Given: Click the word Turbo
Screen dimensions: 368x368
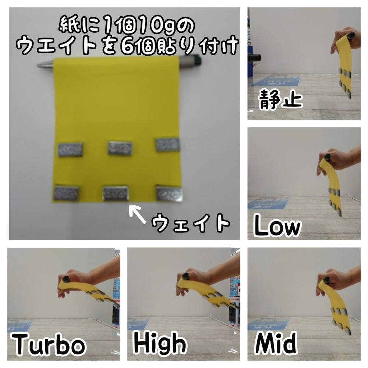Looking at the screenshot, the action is pos(49,344).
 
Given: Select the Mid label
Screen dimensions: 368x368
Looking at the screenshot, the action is pos(276,343).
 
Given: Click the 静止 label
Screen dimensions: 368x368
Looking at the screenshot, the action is pos(280,99).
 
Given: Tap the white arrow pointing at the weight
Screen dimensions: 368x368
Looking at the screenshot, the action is pos(138,213).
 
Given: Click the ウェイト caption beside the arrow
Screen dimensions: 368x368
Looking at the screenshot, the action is pos(190,223).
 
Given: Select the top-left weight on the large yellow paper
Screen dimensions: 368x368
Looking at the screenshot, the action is pos(70,149).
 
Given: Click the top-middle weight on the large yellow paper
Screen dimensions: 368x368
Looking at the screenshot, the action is pos(120,148).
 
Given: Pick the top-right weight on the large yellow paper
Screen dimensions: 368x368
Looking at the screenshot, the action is pos(168,145).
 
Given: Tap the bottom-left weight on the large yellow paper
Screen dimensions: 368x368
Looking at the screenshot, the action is pos(66,193).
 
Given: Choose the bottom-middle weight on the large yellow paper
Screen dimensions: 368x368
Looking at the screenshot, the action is pos(116,193).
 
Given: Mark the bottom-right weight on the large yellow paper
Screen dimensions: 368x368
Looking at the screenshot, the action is pos(169,194).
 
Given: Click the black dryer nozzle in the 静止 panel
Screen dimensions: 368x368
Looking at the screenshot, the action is pos(254,57).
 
